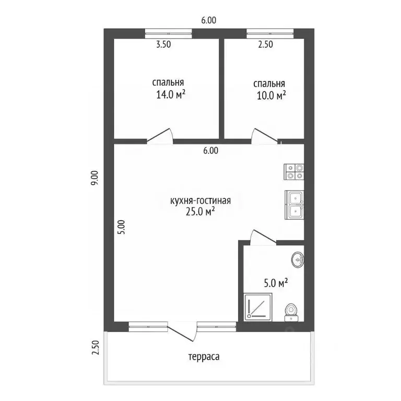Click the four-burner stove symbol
coord(294,172)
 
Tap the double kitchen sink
coord(294,205)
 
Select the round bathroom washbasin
coord(298,260)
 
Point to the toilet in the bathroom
coord(291,312)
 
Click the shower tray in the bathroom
coord(258,307)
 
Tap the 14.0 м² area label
coord(171,95)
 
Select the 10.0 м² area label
coord(272,96)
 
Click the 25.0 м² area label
coord(200,211)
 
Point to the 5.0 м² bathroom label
coord(276,283)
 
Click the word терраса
coord(204,357)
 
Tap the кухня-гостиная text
coord(200,200)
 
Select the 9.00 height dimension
coord(95,178)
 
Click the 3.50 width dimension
coord(163,44)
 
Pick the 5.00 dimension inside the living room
coord(122,227)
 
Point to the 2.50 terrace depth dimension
coord(95,348)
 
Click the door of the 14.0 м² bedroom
coord(160,136)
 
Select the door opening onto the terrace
coord(182,331)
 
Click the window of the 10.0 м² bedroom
coord(270,33)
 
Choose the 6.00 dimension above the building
coord(209,20)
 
